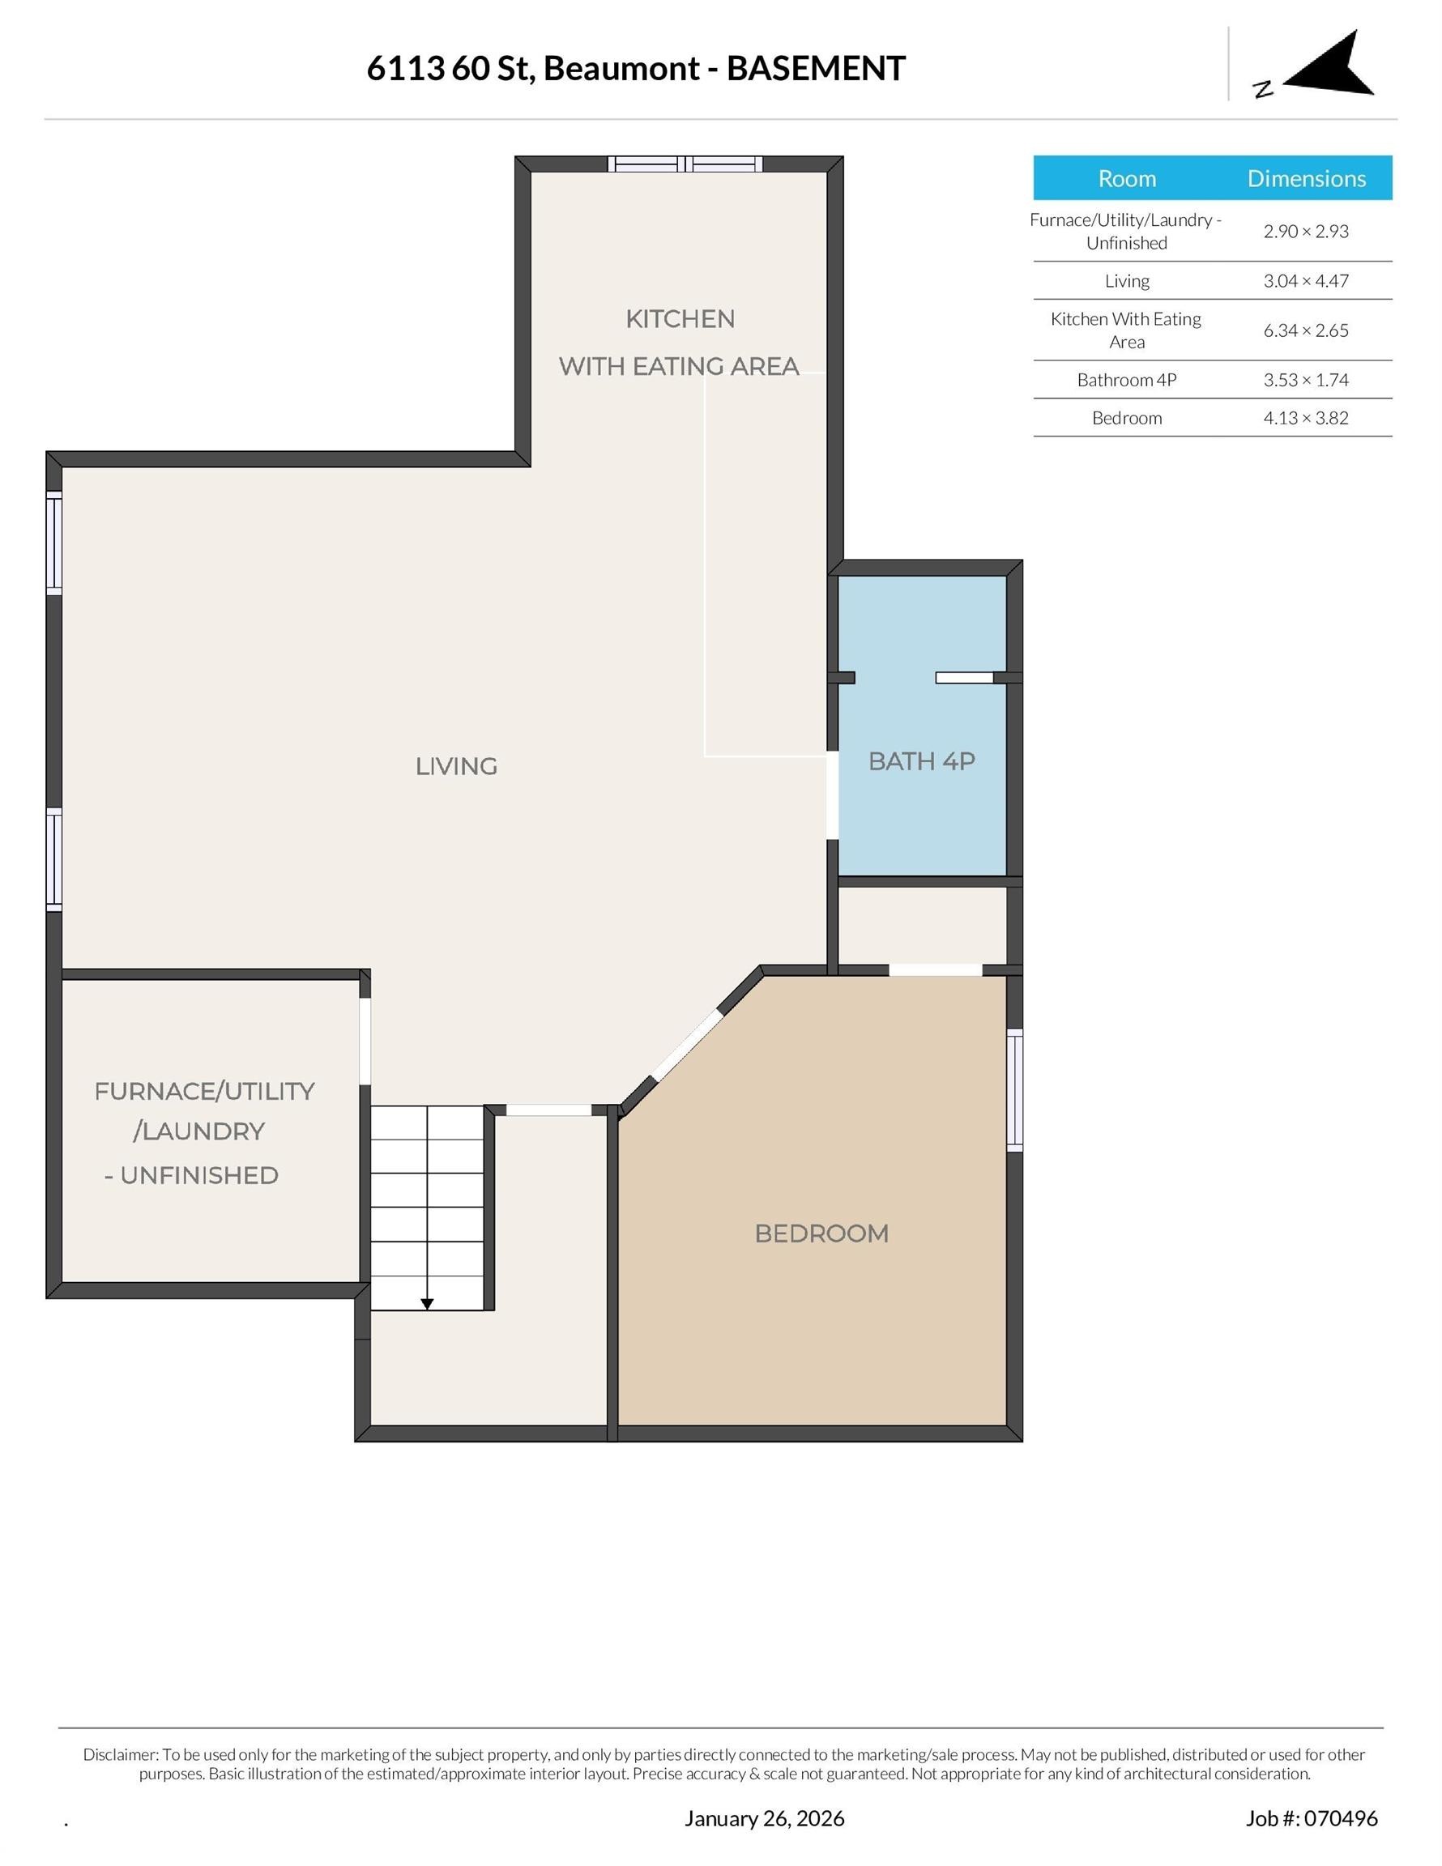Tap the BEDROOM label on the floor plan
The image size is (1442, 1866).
pyautogui.click(x=821, y=1233)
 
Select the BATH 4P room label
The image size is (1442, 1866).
pyautogui.click(x=921, y=760)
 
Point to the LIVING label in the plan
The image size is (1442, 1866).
pyautogui.click(x=456, y=765)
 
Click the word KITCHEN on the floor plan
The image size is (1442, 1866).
pyautogui.click(x=680, y=318)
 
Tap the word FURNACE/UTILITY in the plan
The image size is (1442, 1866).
pyautogui.click(x=204, y=1091)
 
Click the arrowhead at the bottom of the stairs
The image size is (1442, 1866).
pyautogui.click(x=427, y=1304)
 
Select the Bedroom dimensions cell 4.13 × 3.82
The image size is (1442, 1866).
pyautogui.click(x=1306, y=418)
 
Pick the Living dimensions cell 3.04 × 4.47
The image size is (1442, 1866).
pyautogui.click(x=1306, y=280)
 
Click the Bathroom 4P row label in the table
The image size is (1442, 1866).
pyautogui.click(x=1127, y=379)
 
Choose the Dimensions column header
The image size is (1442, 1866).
pyautogui.click(x=1306, y=177)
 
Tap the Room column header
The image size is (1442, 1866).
pyautogui.click(x=1127, y=177)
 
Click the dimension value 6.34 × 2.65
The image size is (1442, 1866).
pyautogui.click(x=1306, y=330)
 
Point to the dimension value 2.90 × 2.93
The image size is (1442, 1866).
pyautogui.click(x=1306, y=231)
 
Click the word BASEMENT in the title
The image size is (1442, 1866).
pyautogui.click(x=816, y=68)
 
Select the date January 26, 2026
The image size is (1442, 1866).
pyautogui.click(x=764, y=1818)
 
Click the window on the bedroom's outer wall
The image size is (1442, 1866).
pyautogui.click(x=1014, y=1089)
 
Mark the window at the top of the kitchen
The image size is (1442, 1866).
pyautogui.click(x=685, y=164)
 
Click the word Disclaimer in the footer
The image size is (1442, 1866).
pyautogui.click(x=120, y=1754)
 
